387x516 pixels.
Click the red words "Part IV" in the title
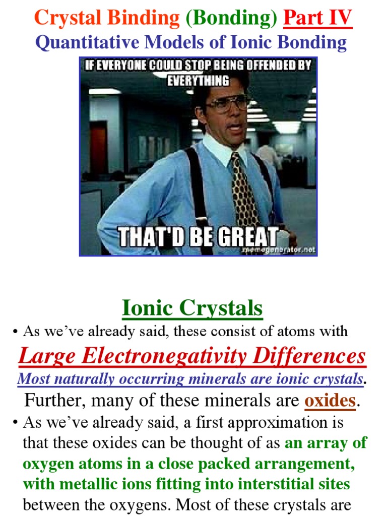click(317, 19)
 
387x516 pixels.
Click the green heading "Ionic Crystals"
click(192, 308)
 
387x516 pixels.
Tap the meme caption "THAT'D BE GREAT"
click(198, 237)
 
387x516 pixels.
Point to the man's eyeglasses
click(227, 103)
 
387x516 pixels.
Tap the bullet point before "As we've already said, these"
click(16, 332)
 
